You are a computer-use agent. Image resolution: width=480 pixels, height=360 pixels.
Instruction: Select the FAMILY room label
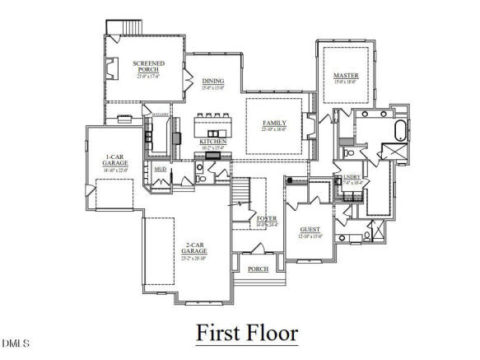click(x=274, y=124)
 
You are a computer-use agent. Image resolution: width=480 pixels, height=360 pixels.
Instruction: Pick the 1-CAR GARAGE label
click(x=114, y=160)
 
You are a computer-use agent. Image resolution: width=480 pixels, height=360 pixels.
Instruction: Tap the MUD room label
click(x=161, y=170)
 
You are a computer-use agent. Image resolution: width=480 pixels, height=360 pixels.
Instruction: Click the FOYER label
click(x=266, y=219)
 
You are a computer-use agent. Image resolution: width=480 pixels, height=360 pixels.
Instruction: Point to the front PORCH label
click(x=258, y=269)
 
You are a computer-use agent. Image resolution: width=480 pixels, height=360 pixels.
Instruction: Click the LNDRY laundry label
click(x=352, y=177)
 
